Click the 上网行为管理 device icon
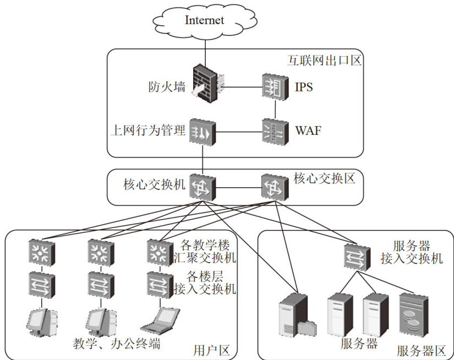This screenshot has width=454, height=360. click(x=202, y=132)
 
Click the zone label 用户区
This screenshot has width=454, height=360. click(x=211, y=350)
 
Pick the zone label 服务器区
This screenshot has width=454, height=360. click(x=421, y=350)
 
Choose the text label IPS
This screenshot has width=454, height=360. click(x=304, y=87)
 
